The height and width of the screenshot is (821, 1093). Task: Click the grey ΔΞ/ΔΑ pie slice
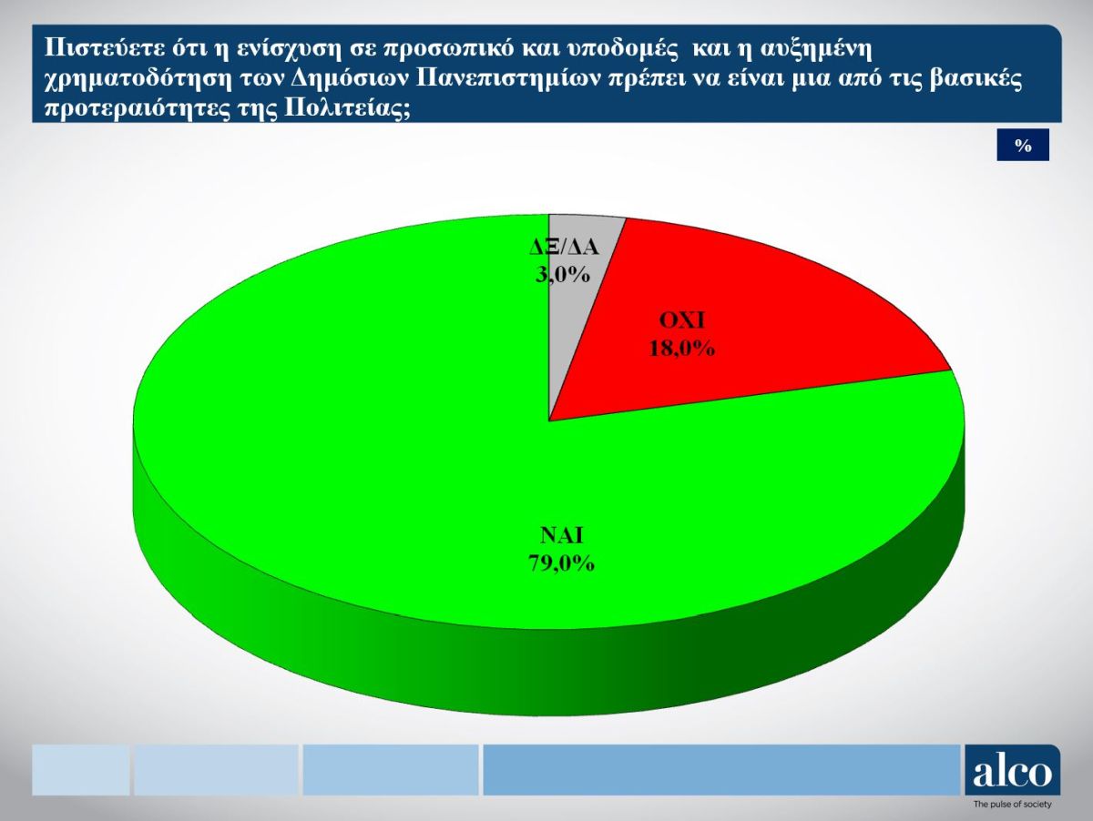pos(573,299)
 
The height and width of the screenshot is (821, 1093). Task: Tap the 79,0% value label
pos(561,563)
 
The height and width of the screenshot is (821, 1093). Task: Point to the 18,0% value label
pos(681,349)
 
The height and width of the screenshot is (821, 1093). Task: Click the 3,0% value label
pos(563,274)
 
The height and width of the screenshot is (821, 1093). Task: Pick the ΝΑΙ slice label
pos(561,535)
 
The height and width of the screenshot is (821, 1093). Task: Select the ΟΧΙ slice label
pos(681,321)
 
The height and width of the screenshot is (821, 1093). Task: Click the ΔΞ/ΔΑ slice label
pos(564,248)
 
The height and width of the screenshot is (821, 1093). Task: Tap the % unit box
pos(1023,145)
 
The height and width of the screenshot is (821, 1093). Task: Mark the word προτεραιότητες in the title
pos(138,110)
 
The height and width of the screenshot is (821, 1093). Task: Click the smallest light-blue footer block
pos(81,770)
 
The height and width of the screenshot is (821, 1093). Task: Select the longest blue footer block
pos(721,770)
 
